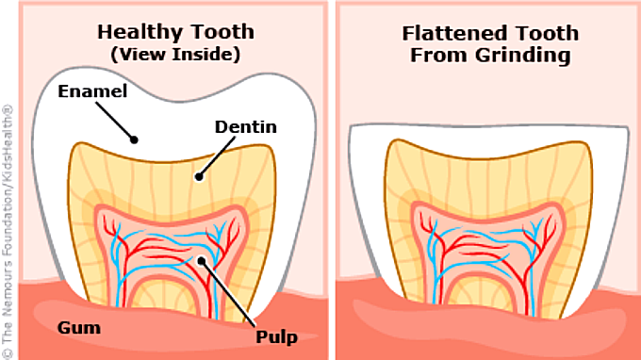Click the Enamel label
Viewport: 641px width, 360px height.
pyautogui.click(x=92, y=91)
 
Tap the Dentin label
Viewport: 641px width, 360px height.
pyautogui.click(x=246, y=126)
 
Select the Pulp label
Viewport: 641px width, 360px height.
pyautogui.click(x=277, y=337)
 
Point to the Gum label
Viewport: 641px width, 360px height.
pyautogui.click(x=79, y=328)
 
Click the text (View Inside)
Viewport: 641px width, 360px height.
pyautogui.click(x=175, y=55)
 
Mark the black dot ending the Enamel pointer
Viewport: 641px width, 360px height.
pyautogui.click(x=134, y=139)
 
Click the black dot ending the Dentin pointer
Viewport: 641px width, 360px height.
pyautogui.click(x=199, y=176)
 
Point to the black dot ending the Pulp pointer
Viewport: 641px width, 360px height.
pyautogui.click(x=201, y=261)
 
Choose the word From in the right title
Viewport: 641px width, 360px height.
pyautogui.click(x=439, y=56)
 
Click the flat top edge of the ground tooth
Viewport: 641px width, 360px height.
pyautogui.click(x=489, y=125)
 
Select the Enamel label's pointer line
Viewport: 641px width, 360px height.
pyautogui.click(x=115, y=121)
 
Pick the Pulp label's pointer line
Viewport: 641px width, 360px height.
pyautogui.click(x=228, y=294)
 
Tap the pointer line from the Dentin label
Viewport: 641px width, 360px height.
pyautogui.click(x=217, y=156)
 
